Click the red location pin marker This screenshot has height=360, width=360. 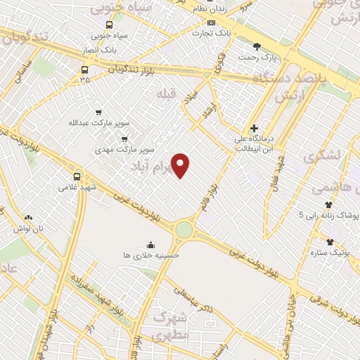tap(182, 165)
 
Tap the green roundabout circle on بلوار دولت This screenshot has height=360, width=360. tap(185, 229)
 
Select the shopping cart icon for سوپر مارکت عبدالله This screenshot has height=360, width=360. tap(98, 112)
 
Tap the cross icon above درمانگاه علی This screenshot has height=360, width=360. tap(254, 128)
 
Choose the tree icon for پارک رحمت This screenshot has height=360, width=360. tap(257, 46)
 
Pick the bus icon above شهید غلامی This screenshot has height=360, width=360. tap(77, 176)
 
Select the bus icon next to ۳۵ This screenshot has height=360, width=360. tap(85, 69)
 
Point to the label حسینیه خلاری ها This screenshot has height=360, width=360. tap(151, 255)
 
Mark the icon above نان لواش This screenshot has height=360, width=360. tap(29, 218)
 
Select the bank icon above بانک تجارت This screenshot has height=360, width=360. tap(202, 21)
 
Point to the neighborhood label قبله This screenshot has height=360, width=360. tap(165, 95)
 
